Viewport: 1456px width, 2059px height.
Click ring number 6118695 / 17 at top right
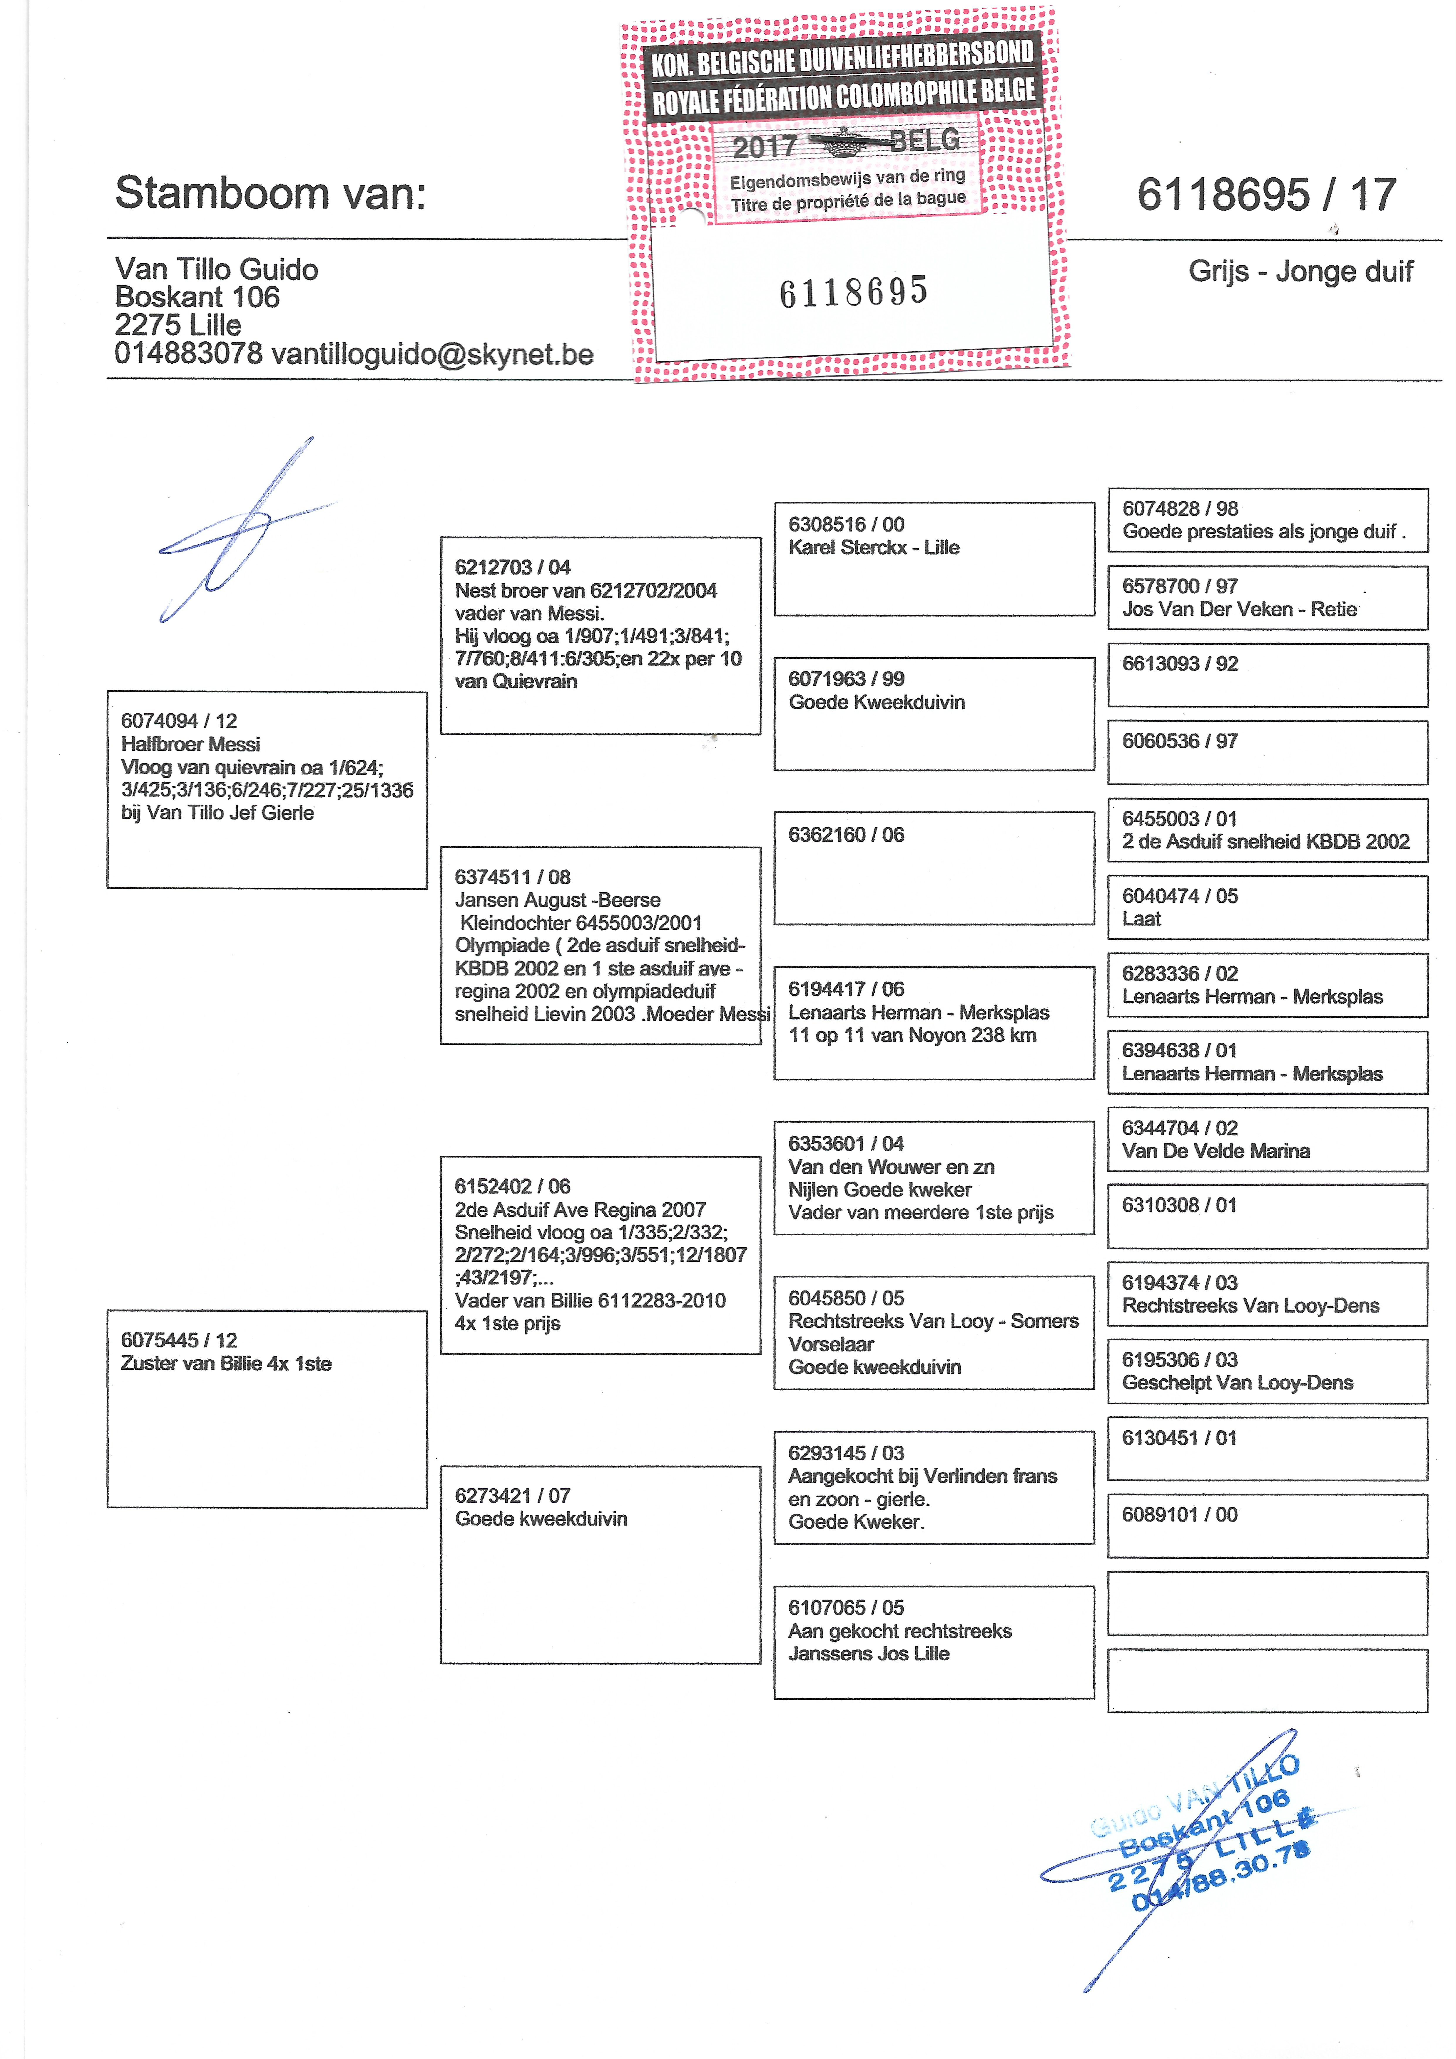click(1266, 195)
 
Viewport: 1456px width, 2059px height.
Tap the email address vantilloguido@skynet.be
click(432, 354)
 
